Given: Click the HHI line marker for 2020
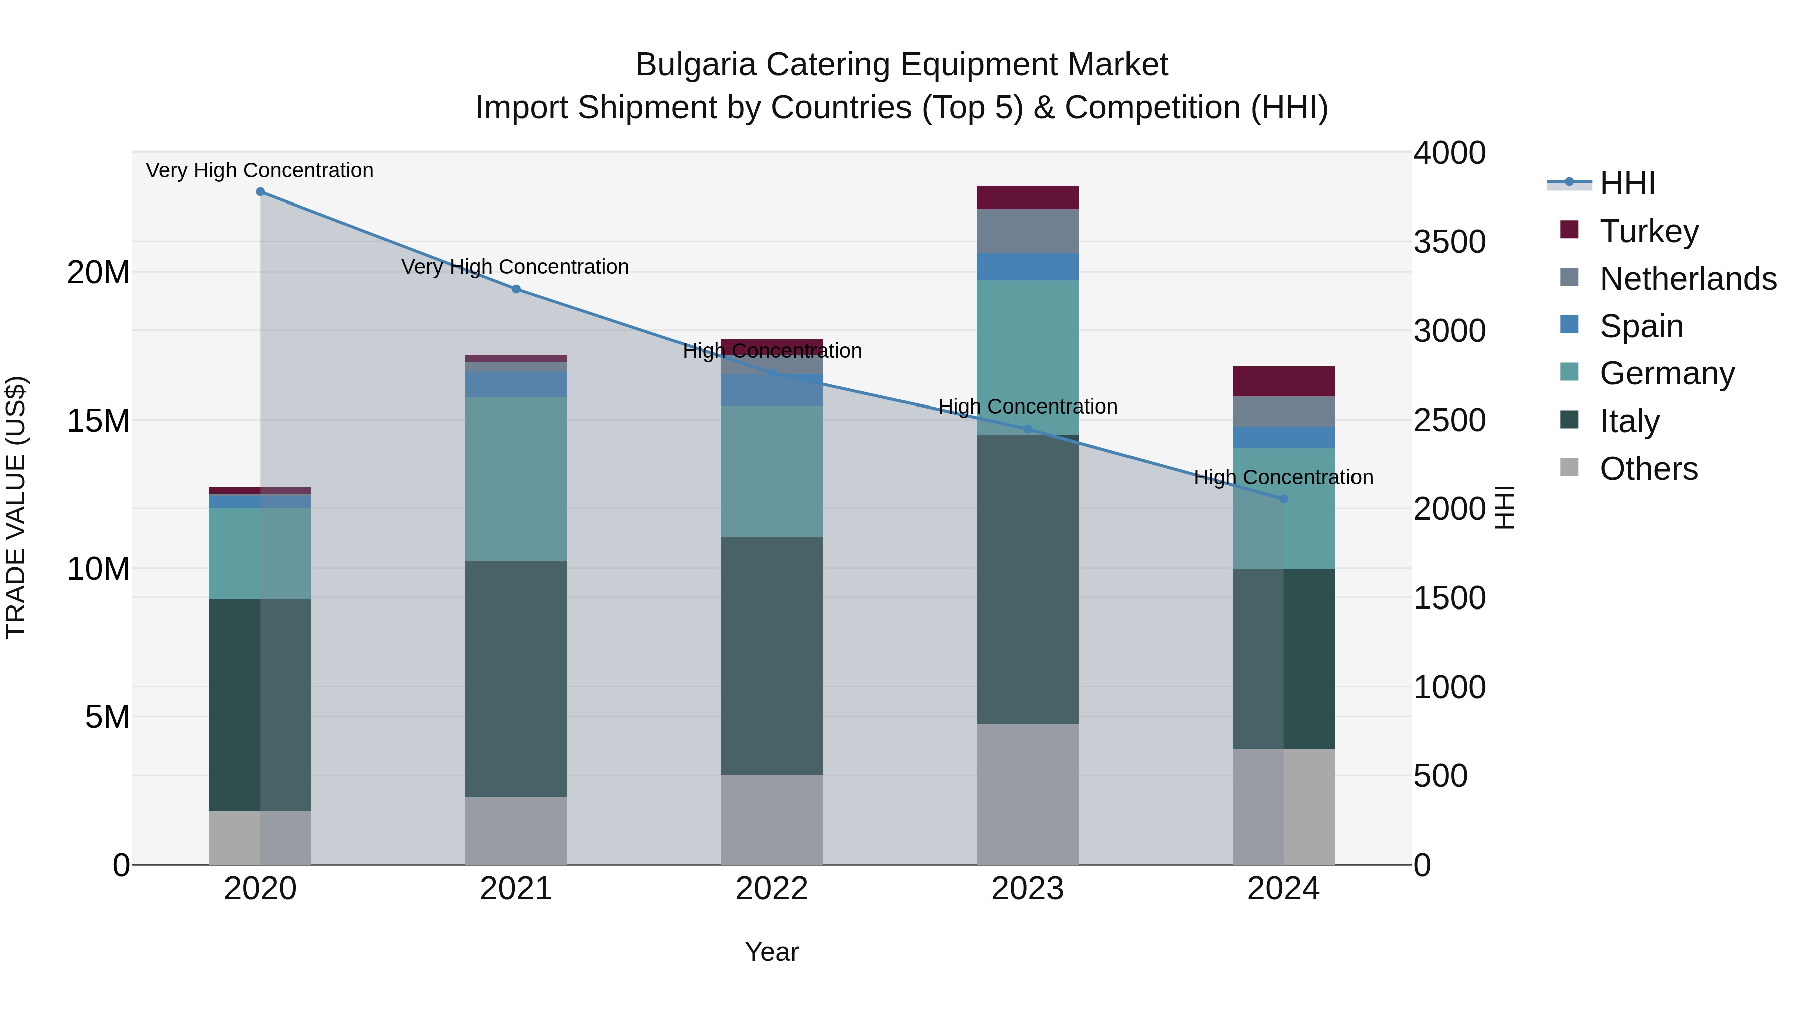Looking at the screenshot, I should (260, 192).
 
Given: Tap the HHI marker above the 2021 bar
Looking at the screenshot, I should (516, 289).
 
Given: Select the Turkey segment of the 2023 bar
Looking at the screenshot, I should (1027, 197).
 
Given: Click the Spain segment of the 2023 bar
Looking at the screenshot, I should (1027, 266).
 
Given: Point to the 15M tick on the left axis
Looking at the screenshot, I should (98, 421).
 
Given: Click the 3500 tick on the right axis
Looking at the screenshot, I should (1448, 242).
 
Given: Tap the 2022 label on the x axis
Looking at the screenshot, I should (772, 889).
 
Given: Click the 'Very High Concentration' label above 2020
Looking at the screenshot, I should (260, 170).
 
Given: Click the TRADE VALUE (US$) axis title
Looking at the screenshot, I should (16, 507).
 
